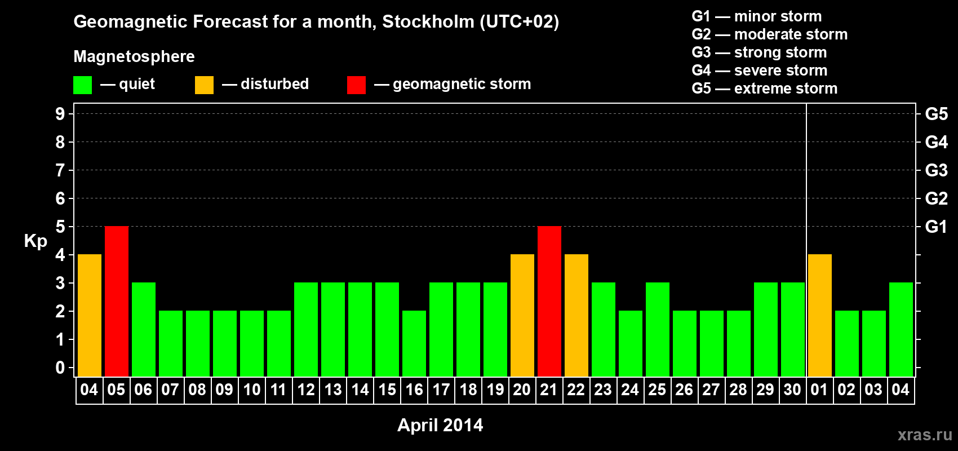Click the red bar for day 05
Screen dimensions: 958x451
pyautogui.click(x=117, y=301)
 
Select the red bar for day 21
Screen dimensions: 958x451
pyautogui.click(x=549, y=301)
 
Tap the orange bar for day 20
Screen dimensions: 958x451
pyautogui.click(x=522, y=315)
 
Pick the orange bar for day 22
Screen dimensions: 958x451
pyautogui.click(x=576, y=315)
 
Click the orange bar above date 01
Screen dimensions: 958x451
pyautogui.click(x=820, y=315)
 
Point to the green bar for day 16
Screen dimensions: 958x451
pyautogui.click(x=414, y=343)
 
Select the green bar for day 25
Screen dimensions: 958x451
pyautogui.click(x=658, y=329)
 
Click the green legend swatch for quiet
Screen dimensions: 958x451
pyautogui.click(x=82, y=85)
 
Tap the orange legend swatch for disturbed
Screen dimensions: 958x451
pyautogui.click(x=204, y=85)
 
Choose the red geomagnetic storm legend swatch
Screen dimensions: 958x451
pyautogui.click(x=356, y=85)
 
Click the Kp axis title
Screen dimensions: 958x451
pyautogui.click(x=36, y=241)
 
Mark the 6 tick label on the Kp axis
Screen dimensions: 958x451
pyautogui.click(x=60, y=198)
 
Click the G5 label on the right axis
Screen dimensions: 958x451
pyautogui.click(x=936, y=114)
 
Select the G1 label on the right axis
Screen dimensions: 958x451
pyautogui.click(x=936, y=227)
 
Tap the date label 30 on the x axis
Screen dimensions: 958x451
pyautogui.click(x=792, y=390)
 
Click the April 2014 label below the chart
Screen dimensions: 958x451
pyautogui.click(x=440, y=425)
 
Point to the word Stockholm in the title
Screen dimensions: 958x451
pyautogui.click(x=428, y=21)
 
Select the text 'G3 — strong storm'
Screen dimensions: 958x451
pyautogui.click(x=759, y=52)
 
